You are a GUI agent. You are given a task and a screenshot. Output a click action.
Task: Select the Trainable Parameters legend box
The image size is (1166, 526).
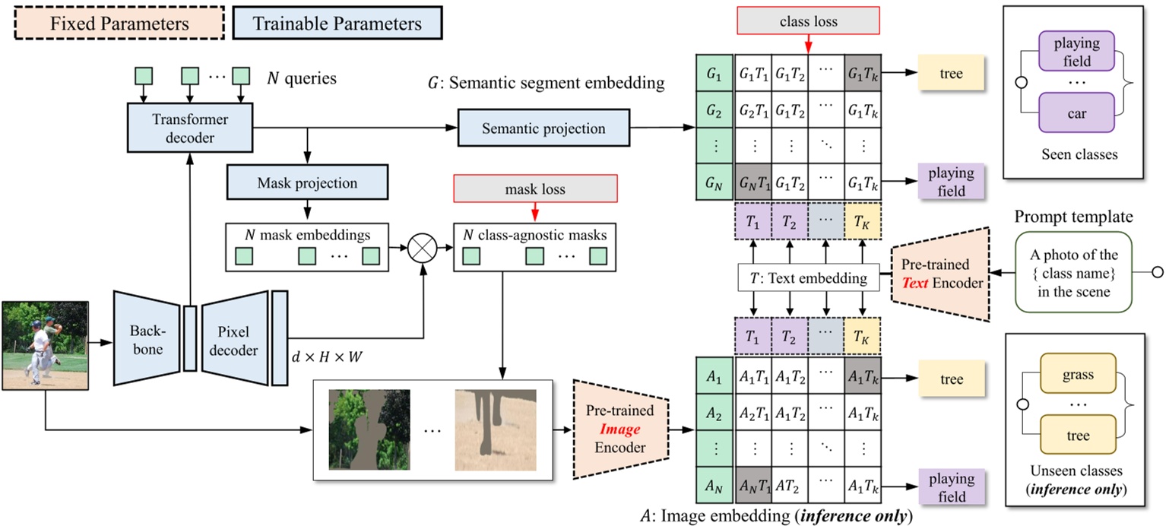click(x=337, y=23)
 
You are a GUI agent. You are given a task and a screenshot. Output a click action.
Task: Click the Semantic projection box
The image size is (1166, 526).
click(x=543, y=128)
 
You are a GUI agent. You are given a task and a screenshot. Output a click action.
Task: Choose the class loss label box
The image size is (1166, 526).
click(x=808, y=22)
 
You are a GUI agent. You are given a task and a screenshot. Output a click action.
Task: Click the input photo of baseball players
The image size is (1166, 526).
click(x=45, y=344)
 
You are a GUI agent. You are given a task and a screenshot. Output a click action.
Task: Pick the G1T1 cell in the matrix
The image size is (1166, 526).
click(x=753, y=74)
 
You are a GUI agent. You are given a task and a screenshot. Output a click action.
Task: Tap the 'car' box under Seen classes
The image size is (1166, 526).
click(x=1077, y=113)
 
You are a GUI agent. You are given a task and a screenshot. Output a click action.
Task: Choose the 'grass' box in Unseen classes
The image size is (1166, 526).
click(x=1078, y=375)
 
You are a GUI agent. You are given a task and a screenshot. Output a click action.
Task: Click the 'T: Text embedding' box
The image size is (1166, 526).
click(x=808, y=278)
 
